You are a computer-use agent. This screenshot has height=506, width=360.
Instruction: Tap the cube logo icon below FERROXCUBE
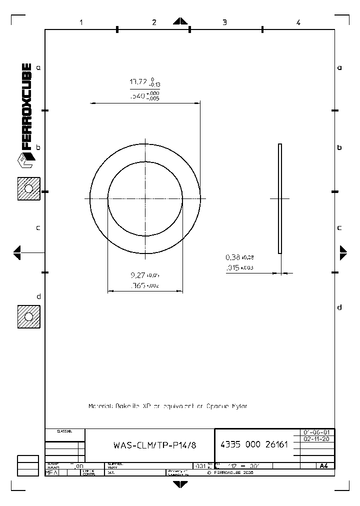(25, 162)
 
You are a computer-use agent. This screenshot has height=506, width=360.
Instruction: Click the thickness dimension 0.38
(232, 257)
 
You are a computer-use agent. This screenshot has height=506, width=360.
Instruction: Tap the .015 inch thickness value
(232, 268)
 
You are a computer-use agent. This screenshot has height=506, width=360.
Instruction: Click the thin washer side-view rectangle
(280, 198)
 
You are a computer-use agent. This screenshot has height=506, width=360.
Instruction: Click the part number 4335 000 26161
(254, 444)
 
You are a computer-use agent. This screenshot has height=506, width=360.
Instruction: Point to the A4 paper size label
(323, 465)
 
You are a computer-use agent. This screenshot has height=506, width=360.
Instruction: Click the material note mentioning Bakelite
(167, 406)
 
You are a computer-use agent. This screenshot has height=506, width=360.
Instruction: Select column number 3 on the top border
(224, 22)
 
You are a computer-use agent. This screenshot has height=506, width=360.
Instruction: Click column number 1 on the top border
(81, 22)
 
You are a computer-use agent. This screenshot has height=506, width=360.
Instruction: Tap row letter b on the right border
(339, 147)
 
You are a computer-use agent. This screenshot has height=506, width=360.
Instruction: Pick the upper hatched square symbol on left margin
(28, 188)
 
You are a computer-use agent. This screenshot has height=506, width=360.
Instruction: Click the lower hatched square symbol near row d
(28, 317)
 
